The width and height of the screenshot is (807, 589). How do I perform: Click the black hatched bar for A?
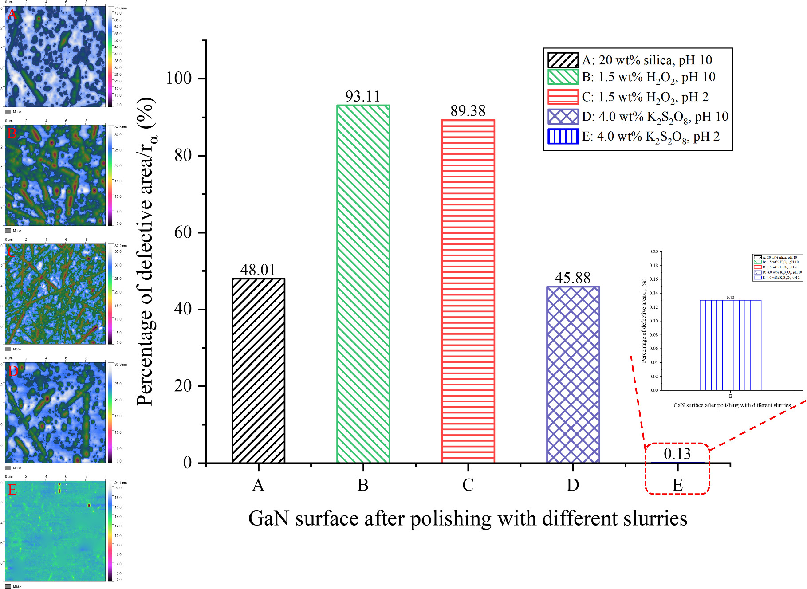[258, 370]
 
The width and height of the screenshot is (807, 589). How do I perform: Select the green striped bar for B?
[363, 284]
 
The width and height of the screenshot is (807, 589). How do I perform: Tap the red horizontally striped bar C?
[468, 291]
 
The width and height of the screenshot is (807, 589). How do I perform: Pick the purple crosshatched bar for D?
[573, 375]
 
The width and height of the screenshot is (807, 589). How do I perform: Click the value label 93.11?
[363, 96]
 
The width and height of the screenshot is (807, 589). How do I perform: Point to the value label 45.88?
[573, 278]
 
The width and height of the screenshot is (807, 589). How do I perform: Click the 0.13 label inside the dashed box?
[677, 454]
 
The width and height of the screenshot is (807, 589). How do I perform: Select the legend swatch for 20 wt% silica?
[563, 60]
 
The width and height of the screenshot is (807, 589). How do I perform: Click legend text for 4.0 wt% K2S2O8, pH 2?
[651, 137]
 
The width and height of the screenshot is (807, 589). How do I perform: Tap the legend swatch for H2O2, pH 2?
[563, 97]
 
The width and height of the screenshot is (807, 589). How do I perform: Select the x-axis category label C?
[468, 485]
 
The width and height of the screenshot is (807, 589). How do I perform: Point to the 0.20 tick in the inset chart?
[653, 251]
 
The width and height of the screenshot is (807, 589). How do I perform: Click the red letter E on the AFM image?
[12, 490]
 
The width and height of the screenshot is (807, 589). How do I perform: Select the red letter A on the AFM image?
[12, 15]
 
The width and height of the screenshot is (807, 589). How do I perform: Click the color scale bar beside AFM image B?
[110, 175]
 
